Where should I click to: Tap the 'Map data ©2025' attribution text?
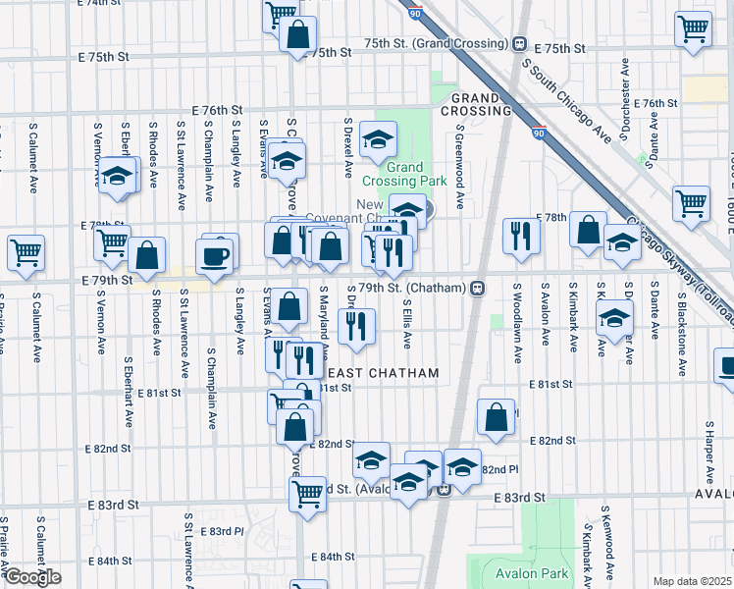(692, 581)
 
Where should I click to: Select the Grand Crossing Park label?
(404, 174)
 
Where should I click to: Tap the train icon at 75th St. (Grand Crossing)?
(519, 44)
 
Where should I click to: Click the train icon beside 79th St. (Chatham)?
(478, 288)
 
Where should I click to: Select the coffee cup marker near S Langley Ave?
(214, 258)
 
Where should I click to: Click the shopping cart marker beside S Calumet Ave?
(26, 252)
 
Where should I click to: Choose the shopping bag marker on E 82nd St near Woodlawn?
(497, 416)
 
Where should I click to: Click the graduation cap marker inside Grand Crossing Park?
(378, 140)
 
